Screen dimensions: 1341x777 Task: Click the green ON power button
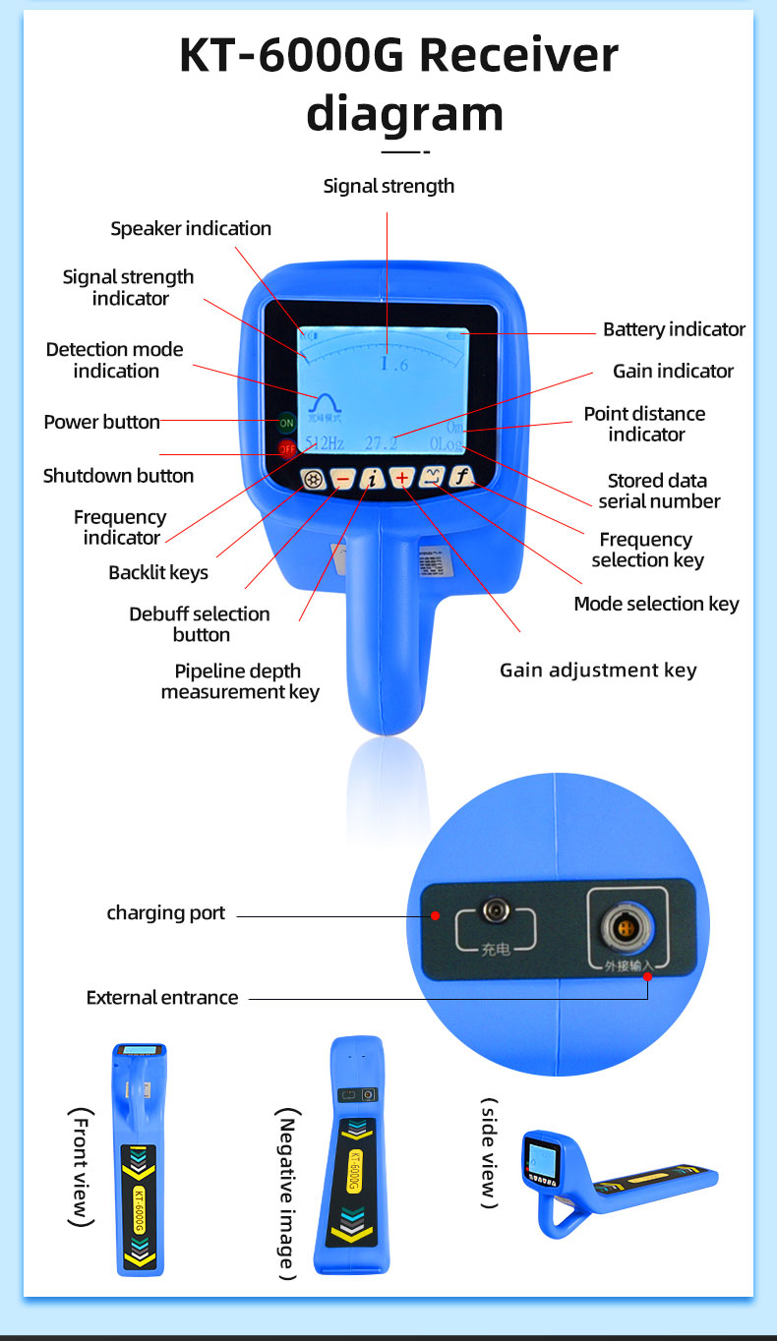point(286,423)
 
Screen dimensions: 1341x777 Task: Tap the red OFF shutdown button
point(286,449)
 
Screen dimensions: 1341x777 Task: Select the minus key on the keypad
point(342,479)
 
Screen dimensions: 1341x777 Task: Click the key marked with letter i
point(373,479)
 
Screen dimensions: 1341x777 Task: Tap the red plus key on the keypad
point(402,479)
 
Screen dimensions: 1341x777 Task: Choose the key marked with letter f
point(461,478)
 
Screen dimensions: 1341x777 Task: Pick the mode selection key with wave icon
point(432,478)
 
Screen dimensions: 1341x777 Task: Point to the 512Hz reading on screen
point(325,443)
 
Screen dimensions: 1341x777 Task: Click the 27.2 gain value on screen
point(381,443)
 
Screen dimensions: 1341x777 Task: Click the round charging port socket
point(494,912)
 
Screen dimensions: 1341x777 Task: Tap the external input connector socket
point(628,926)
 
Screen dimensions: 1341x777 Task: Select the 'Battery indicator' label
point(674,330)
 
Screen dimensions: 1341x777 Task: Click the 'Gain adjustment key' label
point(598,670)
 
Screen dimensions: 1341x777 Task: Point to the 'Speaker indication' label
point(191,229)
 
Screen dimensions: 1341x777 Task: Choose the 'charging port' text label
point(165,913)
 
